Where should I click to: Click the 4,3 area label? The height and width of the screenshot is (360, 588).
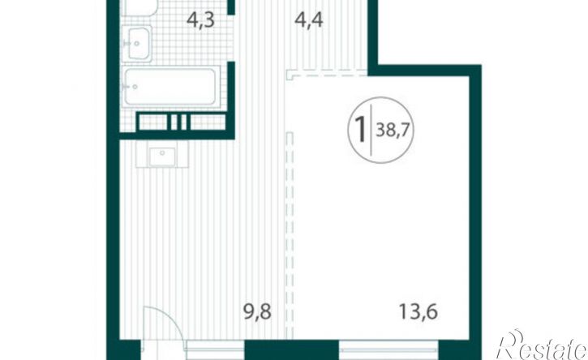(200, 20)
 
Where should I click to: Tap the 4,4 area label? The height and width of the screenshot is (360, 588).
(309, 20)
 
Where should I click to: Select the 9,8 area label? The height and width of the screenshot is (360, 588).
(257, 311)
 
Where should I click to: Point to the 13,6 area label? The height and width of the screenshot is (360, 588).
(418, 311)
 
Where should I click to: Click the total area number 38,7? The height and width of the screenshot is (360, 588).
(393, 131)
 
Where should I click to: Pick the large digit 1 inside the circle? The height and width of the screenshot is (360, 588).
(360, 129)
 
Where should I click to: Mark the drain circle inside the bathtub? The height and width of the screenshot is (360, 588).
(135, 87)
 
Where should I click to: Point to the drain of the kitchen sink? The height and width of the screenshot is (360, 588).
(162, 152)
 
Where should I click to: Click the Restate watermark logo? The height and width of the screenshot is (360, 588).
(542, 345)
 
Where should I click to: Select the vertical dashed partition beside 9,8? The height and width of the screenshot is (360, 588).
(289, 235)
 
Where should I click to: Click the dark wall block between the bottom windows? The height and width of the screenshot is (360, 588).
(292, 350)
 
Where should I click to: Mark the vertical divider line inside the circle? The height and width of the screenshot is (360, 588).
(371, 131)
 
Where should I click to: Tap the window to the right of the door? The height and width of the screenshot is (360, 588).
(215, 350)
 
